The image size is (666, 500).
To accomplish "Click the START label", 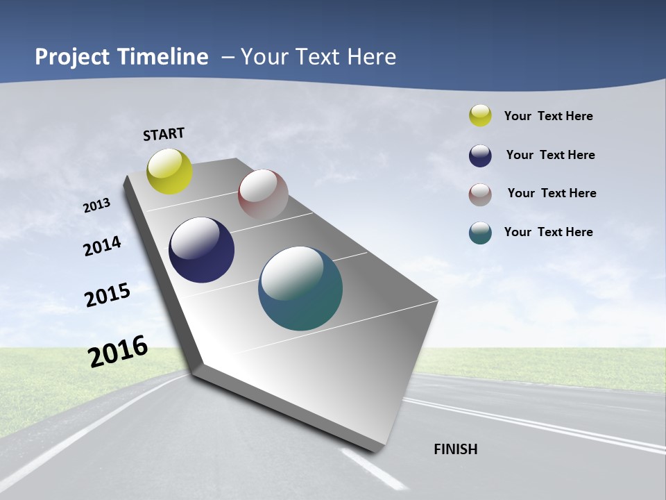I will [x=164, y=134].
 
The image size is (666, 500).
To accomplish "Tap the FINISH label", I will [x=456, y=449].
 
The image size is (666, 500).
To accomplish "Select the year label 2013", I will [x=97, y=206].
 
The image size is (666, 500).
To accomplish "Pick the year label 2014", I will [x=103, y=246].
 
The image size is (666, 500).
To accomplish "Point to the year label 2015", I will [x=108, y=295].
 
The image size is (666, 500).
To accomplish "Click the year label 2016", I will [x=118, y=351].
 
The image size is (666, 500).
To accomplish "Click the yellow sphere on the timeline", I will [x=170, y=171].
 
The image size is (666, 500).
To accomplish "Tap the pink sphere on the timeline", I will [x=263, y=194].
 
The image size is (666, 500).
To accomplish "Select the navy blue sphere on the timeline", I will [x=202, y=250].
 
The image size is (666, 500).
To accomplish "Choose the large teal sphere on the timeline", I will [x=300, y=288].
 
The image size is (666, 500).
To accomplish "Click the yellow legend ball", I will [x=480, y=115].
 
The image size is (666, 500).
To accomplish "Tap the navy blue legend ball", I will [x=480, y=156].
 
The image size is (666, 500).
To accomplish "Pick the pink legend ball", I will [x=480, y=194].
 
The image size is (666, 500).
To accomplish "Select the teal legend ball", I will [x=480, y=233].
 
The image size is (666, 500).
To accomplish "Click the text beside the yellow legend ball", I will [x=548, y=116].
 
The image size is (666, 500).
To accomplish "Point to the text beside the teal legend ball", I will [x=548, y=232].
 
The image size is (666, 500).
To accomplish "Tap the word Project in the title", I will [x=73, y=57].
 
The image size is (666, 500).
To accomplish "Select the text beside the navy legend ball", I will [x=550, y=155].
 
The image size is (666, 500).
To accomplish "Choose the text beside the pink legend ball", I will [x=552, y=193].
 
